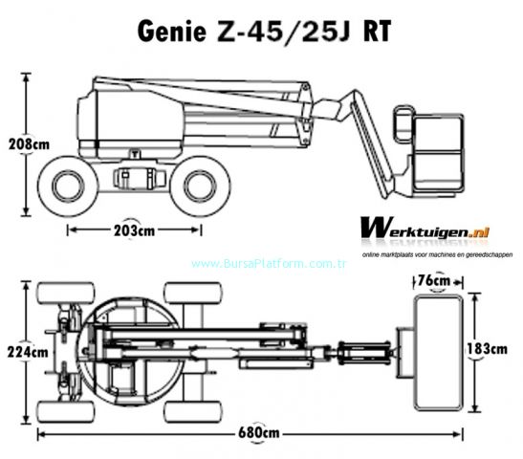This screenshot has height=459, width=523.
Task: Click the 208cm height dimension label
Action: tap(29, 144)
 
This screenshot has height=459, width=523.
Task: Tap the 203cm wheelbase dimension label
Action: tap(134, 230)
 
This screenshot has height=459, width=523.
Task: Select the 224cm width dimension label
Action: tap(28, 352)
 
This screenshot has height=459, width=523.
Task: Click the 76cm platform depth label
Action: tap(434, 280)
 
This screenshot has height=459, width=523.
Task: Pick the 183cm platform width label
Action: tap(487, 349)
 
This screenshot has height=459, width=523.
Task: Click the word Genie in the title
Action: tap(172, 31)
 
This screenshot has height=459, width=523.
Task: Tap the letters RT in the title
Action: tap(377, 32)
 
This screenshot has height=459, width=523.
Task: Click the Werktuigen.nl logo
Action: tap(425, 228)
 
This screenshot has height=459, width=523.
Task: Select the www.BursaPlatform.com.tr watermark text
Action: tap(269, 264)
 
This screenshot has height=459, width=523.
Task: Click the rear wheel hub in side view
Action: tap(68, 186)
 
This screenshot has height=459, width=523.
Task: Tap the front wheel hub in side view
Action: tap(200, 186)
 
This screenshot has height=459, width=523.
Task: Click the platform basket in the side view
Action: tap(429, 152)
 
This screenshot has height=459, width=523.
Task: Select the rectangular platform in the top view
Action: tap(438, 353)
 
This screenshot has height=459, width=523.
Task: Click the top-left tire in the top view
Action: tap(66, 293)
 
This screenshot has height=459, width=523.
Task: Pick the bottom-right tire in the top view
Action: tap(193, 412)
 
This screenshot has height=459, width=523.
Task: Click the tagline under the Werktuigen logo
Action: tap(437, 255)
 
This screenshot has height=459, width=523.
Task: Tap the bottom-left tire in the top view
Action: tap(66, 412)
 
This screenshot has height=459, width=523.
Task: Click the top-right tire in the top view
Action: tap(193, 293)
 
